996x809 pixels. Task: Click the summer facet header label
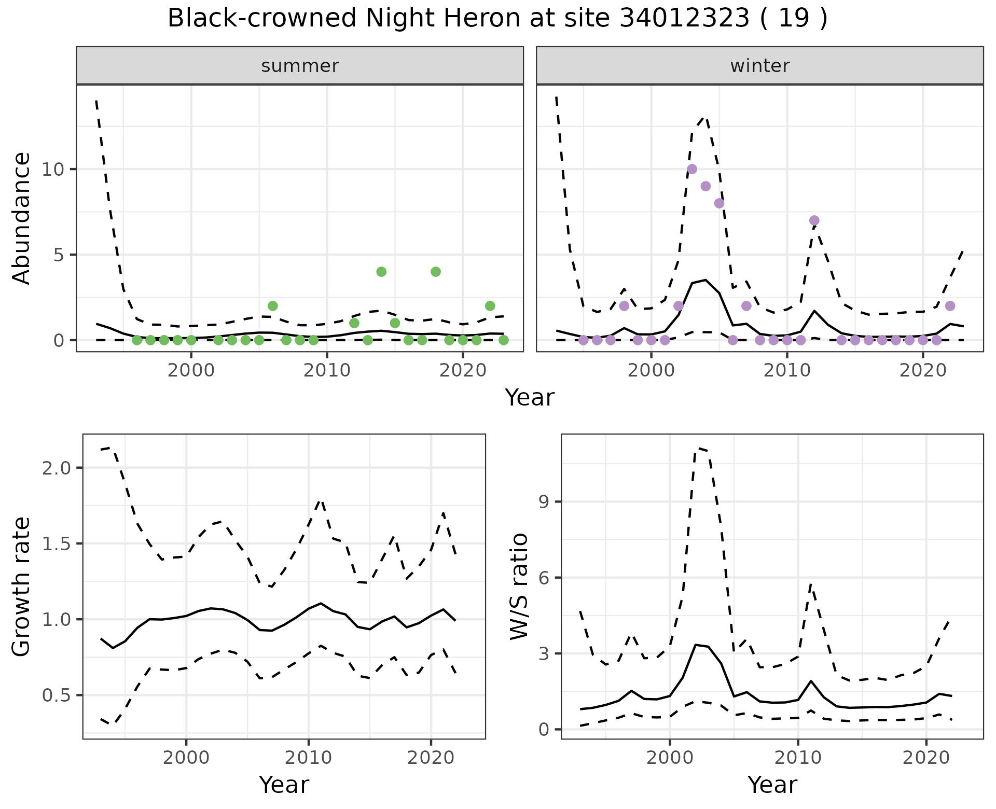300,66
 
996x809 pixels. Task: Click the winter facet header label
759,66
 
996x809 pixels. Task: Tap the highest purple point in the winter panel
691,169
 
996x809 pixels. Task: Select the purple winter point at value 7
814,220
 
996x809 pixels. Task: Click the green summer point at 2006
273,306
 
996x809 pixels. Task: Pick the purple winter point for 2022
950,306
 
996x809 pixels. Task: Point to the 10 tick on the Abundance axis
54,170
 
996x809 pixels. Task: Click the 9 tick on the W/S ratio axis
543,502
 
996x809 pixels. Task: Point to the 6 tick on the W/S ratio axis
543,578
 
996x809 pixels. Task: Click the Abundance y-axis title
22,218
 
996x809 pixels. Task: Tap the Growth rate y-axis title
22,587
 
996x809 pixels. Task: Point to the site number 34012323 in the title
685,19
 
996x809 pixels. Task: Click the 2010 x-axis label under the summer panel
327,371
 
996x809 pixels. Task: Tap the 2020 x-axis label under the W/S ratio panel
926,758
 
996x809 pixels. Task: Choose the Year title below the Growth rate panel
284,785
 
